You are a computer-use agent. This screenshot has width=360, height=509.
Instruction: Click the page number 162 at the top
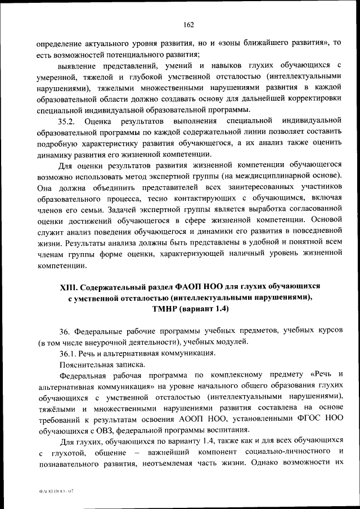(188, 24)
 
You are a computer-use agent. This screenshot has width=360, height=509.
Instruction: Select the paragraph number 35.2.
(67, 120)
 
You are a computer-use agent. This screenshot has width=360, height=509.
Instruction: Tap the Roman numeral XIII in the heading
(69, 287)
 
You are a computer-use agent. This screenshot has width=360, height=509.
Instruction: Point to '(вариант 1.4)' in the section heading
(206, 309)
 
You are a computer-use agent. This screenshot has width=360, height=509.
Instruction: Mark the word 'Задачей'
(132, 209)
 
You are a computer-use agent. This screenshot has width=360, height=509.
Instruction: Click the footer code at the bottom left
(56, 491)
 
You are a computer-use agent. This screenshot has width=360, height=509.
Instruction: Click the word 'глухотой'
(69, 452)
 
